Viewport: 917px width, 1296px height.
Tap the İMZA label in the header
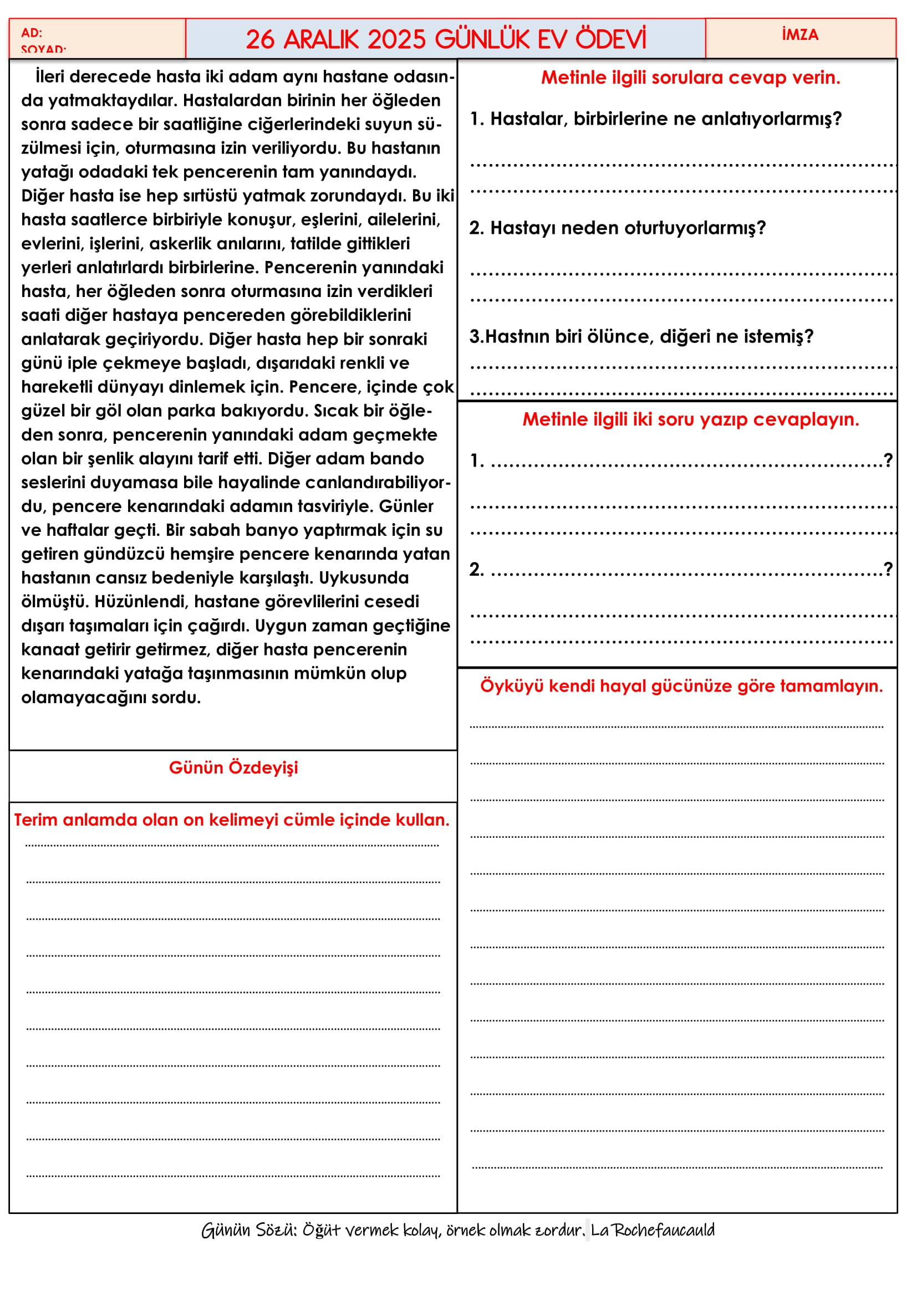[x=799, y=35]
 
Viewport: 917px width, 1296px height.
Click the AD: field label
[x=32, y=33]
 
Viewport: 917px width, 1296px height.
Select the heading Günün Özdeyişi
[x=233, y=767]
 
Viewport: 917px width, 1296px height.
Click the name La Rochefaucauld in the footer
[x=653, y=1230]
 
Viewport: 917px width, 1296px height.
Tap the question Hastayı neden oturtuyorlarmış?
[x=618, y=228]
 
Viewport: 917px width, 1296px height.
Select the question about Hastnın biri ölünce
[x=641, y=336]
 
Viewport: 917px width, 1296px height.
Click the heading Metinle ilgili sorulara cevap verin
[x=690, y=78]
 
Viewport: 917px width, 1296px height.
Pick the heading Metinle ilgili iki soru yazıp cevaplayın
[x=690, y=419]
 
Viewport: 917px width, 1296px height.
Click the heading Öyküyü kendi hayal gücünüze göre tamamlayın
[x=681, y=686]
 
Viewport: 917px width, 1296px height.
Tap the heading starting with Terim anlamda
[x=232, y=819]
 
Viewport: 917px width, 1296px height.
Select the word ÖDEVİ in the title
[x=610, y=39]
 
